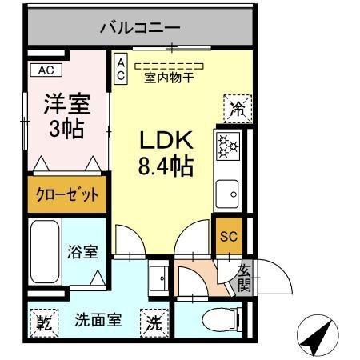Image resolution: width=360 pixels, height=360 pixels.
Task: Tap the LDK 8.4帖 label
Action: tap(166, 154)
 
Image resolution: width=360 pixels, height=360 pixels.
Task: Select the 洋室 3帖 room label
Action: tap(66, 116)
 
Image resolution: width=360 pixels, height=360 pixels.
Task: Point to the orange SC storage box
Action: tap(228, 236)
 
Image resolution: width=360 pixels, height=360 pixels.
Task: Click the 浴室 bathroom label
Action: tap(82, 251)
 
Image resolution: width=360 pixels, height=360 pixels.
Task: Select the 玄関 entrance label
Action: tap(244, 278)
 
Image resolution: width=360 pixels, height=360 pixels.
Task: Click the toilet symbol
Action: tap(215, 321)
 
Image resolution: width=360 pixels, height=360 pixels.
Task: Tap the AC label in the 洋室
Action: tap(45, 70)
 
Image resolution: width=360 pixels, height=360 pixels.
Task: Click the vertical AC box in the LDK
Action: tap(120, 70)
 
